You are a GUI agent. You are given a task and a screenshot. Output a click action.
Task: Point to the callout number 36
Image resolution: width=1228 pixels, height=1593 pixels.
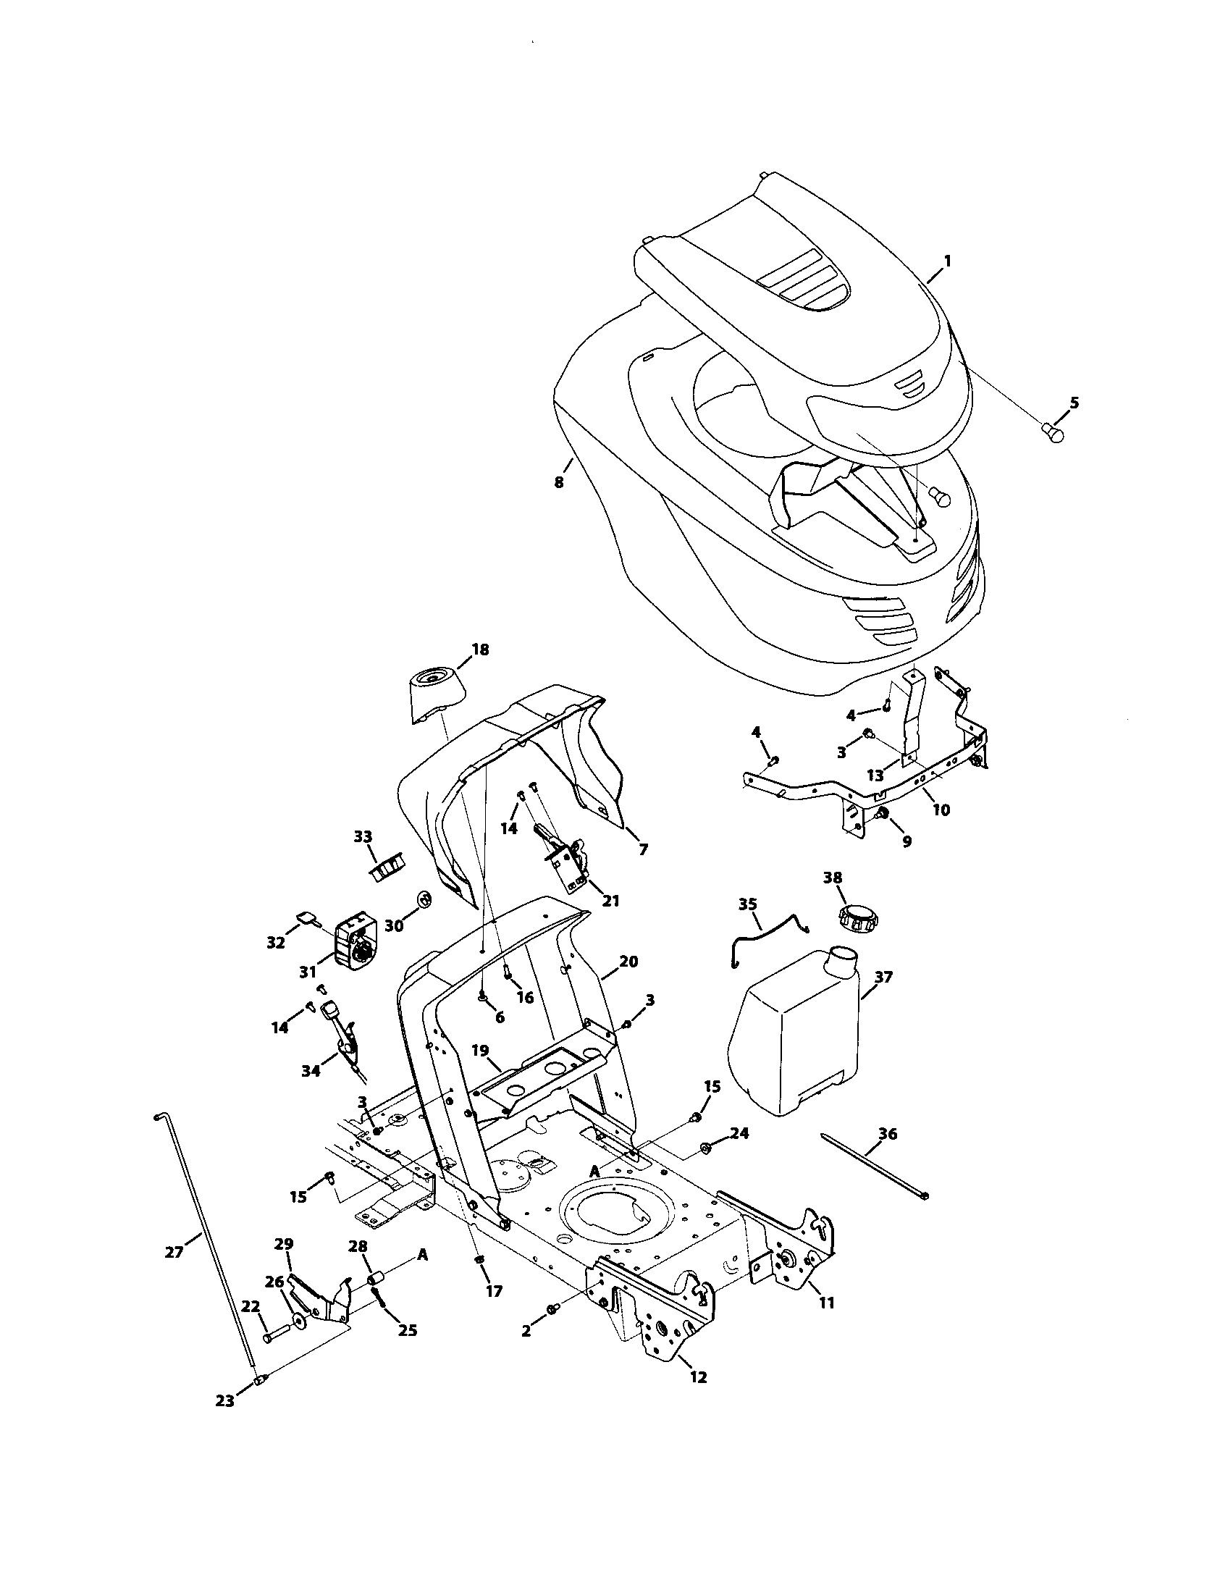tap(888, 1134)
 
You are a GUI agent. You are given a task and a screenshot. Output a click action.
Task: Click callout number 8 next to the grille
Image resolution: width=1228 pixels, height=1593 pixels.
tap(559, 482)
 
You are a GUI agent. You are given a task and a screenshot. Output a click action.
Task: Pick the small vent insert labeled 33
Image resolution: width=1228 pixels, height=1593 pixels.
tap(387, 867)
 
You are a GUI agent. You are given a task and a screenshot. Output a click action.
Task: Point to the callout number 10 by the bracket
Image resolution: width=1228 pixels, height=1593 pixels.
tap(941, 810)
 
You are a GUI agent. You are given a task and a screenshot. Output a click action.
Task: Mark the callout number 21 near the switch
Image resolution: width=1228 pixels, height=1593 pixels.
tap(610, 901)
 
